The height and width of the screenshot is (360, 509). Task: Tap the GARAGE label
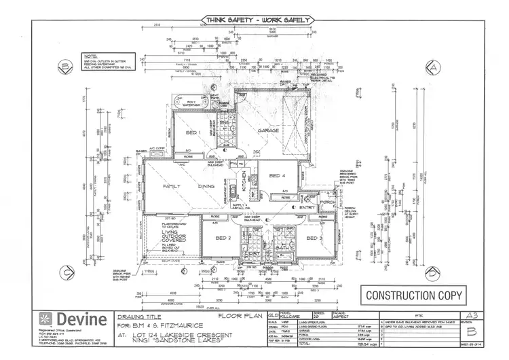(x=269, y=130)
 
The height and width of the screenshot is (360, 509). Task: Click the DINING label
(x=206, y=185)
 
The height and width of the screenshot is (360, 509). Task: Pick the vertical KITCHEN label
(x=244, y=182)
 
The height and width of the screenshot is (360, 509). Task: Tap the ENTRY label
(x=316, y=207)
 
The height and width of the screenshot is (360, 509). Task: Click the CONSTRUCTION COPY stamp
(x=414, y=295)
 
